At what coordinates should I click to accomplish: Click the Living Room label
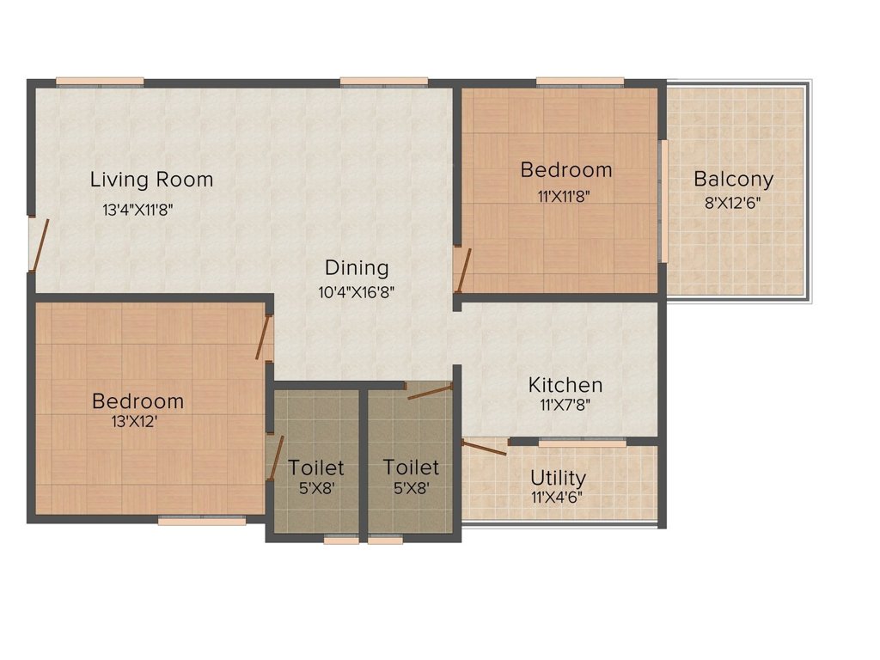(151, 180)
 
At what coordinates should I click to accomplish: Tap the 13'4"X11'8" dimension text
(137, 209)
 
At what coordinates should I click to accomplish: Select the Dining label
(356, 267)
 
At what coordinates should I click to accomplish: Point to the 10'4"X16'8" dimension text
(356, 292)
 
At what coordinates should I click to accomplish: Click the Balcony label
(733, 180)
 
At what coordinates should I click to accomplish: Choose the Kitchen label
(565, 384)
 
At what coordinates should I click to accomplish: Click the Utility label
(558, 478)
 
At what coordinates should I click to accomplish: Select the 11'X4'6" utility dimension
(559, 497)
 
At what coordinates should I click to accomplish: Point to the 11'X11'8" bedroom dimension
(564, 195)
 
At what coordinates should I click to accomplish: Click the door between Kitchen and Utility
(484, 445)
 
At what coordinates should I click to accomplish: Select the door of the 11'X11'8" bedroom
(462, 270)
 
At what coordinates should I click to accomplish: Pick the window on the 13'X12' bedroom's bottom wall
(201, 519)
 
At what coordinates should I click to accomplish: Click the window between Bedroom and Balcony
(663, 201)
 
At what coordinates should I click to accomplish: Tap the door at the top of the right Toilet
(429, 393)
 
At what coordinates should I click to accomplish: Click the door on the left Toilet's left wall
(274, 458)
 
